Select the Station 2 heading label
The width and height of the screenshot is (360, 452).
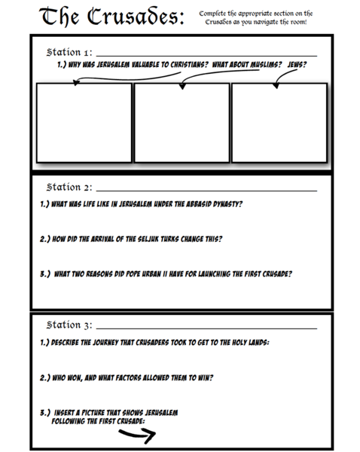(69, 187)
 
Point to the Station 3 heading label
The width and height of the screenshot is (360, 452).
(69, 325)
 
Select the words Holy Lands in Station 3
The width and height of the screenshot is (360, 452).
(243, 342)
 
